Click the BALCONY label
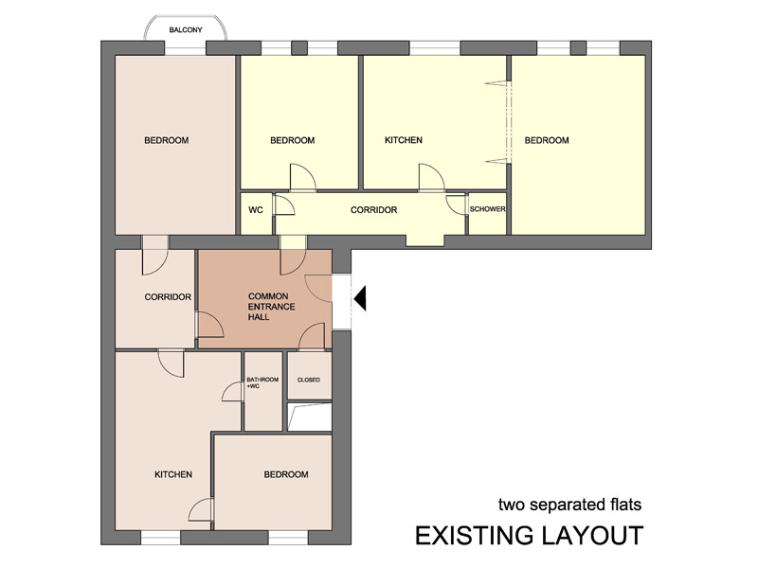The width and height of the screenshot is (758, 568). coord(186,30)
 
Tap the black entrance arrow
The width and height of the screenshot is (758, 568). coord(361,298)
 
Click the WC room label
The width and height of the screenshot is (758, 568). coord(256,210)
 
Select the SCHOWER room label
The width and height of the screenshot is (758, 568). coord(487,209)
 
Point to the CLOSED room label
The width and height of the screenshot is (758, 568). coord(309,381)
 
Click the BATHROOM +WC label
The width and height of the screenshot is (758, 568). coord(262,383)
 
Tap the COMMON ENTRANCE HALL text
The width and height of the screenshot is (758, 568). coord(271,307)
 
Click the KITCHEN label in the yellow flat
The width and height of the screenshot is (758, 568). coord(404,140)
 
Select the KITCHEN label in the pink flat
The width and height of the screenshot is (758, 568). coord(173,475)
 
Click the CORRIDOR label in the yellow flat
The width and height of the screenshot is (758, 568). coord(373,210)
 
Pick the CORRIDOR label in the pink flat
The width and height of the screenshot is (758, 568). coord(168,297)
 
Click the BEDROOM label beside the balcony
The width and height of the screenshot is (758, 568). coord(167,140)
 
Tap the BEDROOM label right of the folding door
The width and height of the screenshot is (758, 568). coord(547,140)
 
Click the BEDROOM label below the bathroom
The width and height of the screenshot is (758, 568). coord(286,475)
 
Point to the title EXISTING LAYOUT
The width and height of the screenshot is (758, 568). coord(530,535)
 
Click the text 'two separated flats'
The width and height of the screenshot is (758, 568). coord(570,505)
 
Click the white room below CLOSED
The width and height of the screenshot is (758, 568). coord(310,417)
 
